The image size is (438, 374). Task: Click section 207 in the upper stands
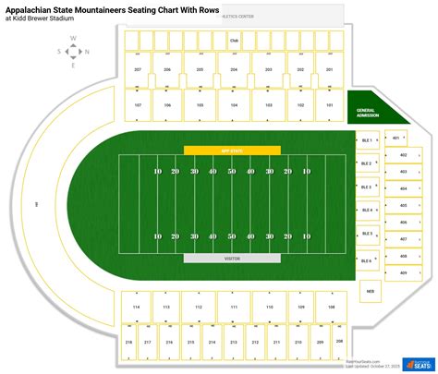[138, 69]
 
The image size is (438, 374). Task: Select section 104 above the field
[234, 105]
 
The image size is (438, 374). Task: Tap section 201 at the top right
[329, 69]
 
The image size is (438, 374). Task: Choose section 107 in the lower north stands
[138, 105]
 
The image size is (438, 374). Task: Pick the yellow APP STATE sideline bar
[232, 149]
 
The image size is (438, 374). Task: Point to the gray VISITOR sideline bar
[232, 258]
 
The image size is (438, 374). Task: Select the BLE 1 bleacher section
[367, 140]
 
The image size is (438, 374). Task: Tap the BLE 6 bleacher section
[367, 260]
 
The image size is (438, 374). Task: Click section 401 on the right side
[395, 139]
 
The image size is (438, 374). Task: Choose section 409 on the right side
[403, 273]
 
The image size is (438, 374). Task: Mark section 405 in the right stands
[403, 206]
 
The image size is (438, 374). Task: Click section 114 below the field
[136, 307]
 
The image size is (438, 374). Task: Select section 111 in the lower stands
[234, 307]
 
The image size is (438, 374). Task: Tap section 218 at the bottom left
[128, 343]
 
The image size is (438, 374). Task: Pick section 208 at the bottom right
[338, 341]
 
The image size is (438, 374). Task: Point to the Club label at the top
[234, 41]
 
